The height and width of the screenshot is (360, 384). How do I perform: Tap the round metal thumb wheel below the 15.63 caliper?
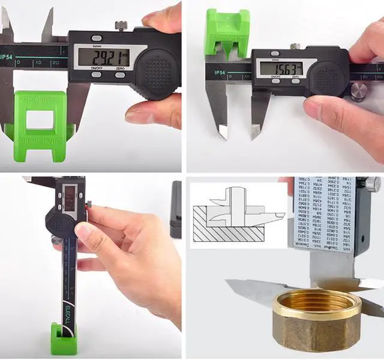359,91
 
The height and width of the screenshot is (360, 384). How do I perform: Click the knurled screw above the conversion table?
373,184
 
